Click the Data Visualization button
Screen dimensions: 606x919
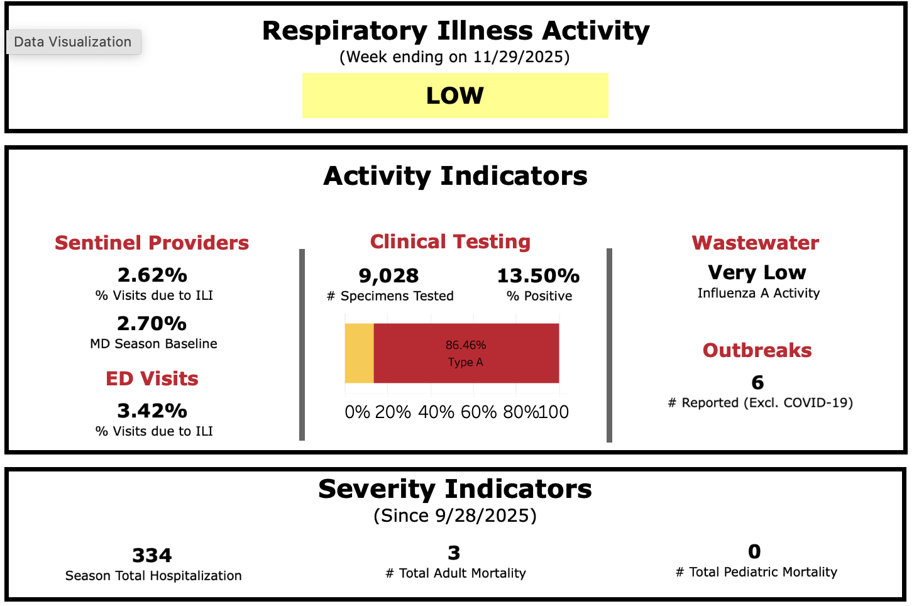tap(73, 42)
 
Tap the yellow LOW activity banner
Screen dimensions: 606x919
tap(455, 96)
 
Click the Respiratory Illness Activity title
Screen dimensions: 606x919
tap(456, 31)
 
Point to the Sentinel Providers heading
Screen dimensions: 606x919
tap(151, 243)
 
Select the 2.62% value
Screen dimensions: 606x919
tap(152, 275)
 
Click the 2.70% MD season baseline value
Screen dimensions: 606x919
tap(152, 324)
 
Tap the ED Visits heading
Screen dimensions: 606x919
tap(152, 378)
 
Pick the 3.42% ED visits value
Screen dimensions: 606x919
tap(152, 411)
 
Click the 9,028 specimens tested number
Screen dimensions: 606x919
tap(388, 276)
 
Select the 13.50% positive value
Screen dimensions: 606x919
tap(538, 276)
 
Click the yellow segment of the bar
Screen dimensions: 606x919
tap(360, 353)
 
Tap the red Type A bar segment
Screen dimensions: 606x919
tap(466, 353)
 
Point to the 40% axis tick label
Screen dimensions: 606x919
tap(436, 412)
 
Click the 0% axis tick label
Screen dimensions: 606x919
tap(357, 412)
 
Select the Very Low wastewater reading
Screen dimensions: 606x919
tap(757, 273)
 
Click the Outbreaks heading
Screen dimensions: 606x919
tap(757, 350)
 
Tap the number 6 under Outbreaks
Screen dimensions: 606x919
tap(757, 383)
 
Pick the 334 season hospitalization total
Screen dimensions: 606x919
tap(152, 556)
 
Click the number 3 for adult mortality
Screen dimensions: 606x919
tap(454, 553)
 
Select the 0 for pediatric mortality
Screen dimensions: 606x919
tap(754, 552)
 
